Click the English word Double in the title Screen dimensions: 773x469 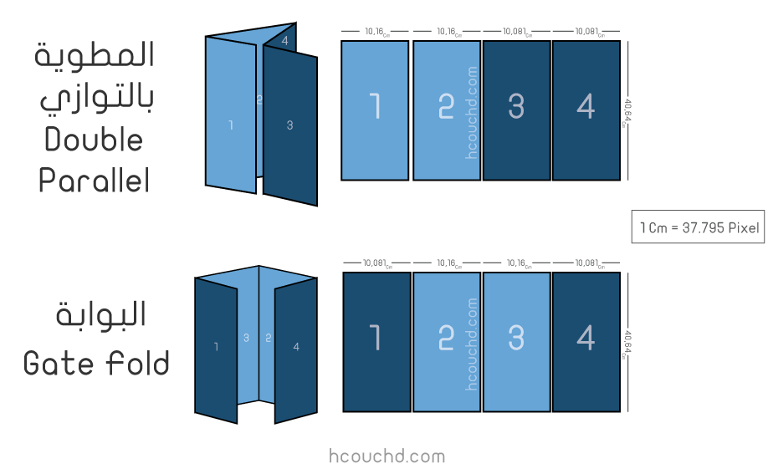(94, 140)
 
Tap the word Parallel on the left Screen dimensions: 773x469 (94, 180)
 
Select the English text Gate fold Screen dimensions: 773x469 (96, 363)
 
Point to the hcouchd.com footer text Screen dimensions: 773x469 (387, 456)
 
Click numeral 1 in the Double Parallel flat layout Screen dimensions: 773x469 (375, 106)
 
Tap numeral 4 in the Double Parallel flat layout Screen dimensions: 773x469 (586, 106)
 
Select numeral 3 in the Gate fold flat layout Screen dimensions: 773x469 (516, 338)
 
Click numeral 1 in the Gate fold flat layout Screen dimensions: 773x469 (375, 338)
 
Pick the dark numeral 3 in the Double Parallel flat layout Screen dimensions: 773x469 (516, 106)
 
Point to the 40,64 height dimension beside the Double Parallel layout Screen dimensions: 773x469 (627, 113)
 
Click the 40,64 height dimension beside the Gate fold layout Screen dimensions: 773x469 (627, 344)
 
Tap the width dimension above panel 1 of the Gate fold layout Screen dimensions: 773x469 (377, 263)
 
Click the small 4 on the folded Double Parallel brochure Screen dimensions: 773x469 (284, 41)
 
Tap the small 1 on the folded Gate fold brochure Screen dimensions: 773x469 (216, 347)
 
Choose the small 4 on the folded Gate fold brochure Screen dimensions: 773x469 (296, 347)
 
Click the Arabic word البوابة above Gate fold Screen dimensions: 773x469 (100, 314)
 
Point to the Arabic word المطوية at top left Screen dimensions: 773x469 (95, 54)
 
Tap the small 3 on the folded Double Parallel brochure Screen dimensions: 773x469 (289, 125)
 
